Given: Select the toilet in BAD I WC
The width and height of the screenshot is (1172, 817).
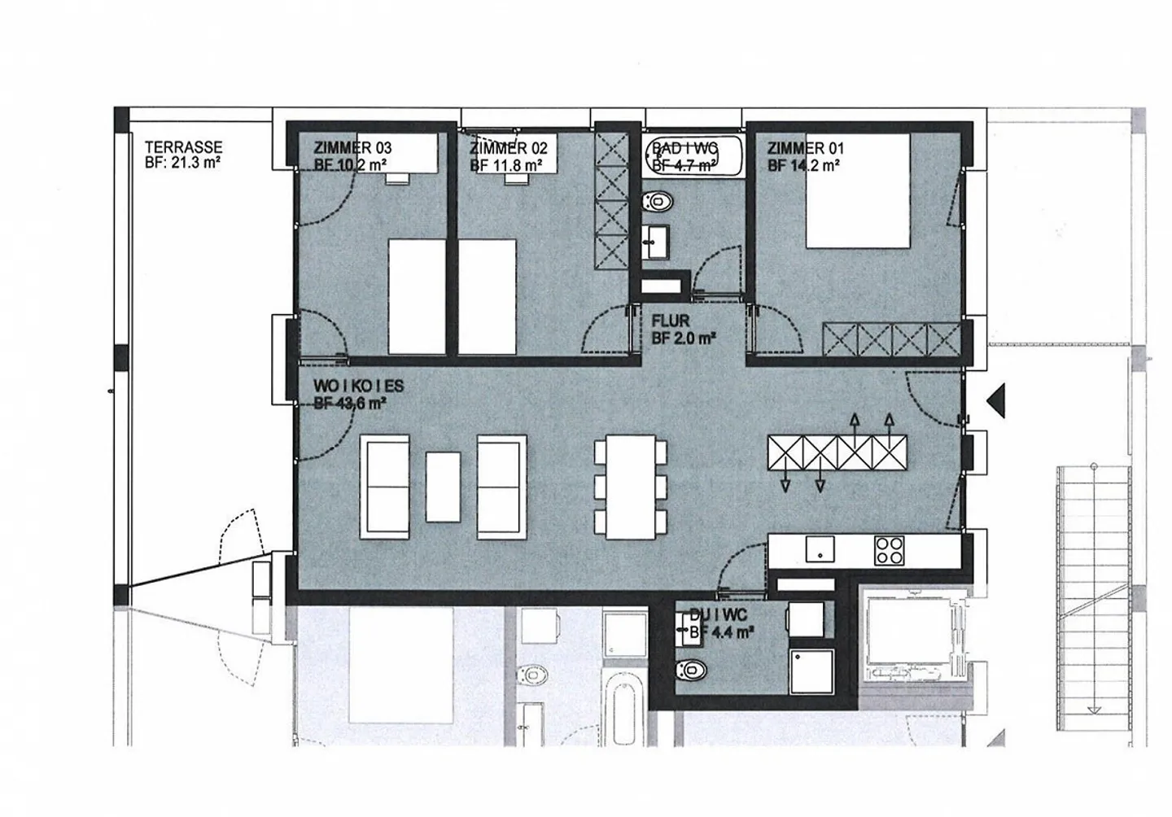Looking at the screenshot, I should click(x=656, y=201).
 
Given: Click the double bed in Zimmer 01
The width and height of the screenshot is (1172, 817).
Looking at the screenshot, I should click(x=857, y=192).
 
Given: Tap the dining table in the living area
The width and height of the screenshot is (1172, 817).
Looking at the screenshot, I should click(x=631, y=487).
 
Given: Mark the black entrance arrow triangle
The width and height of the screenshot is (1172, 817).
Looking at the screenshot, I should click(x=996, y=399).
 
